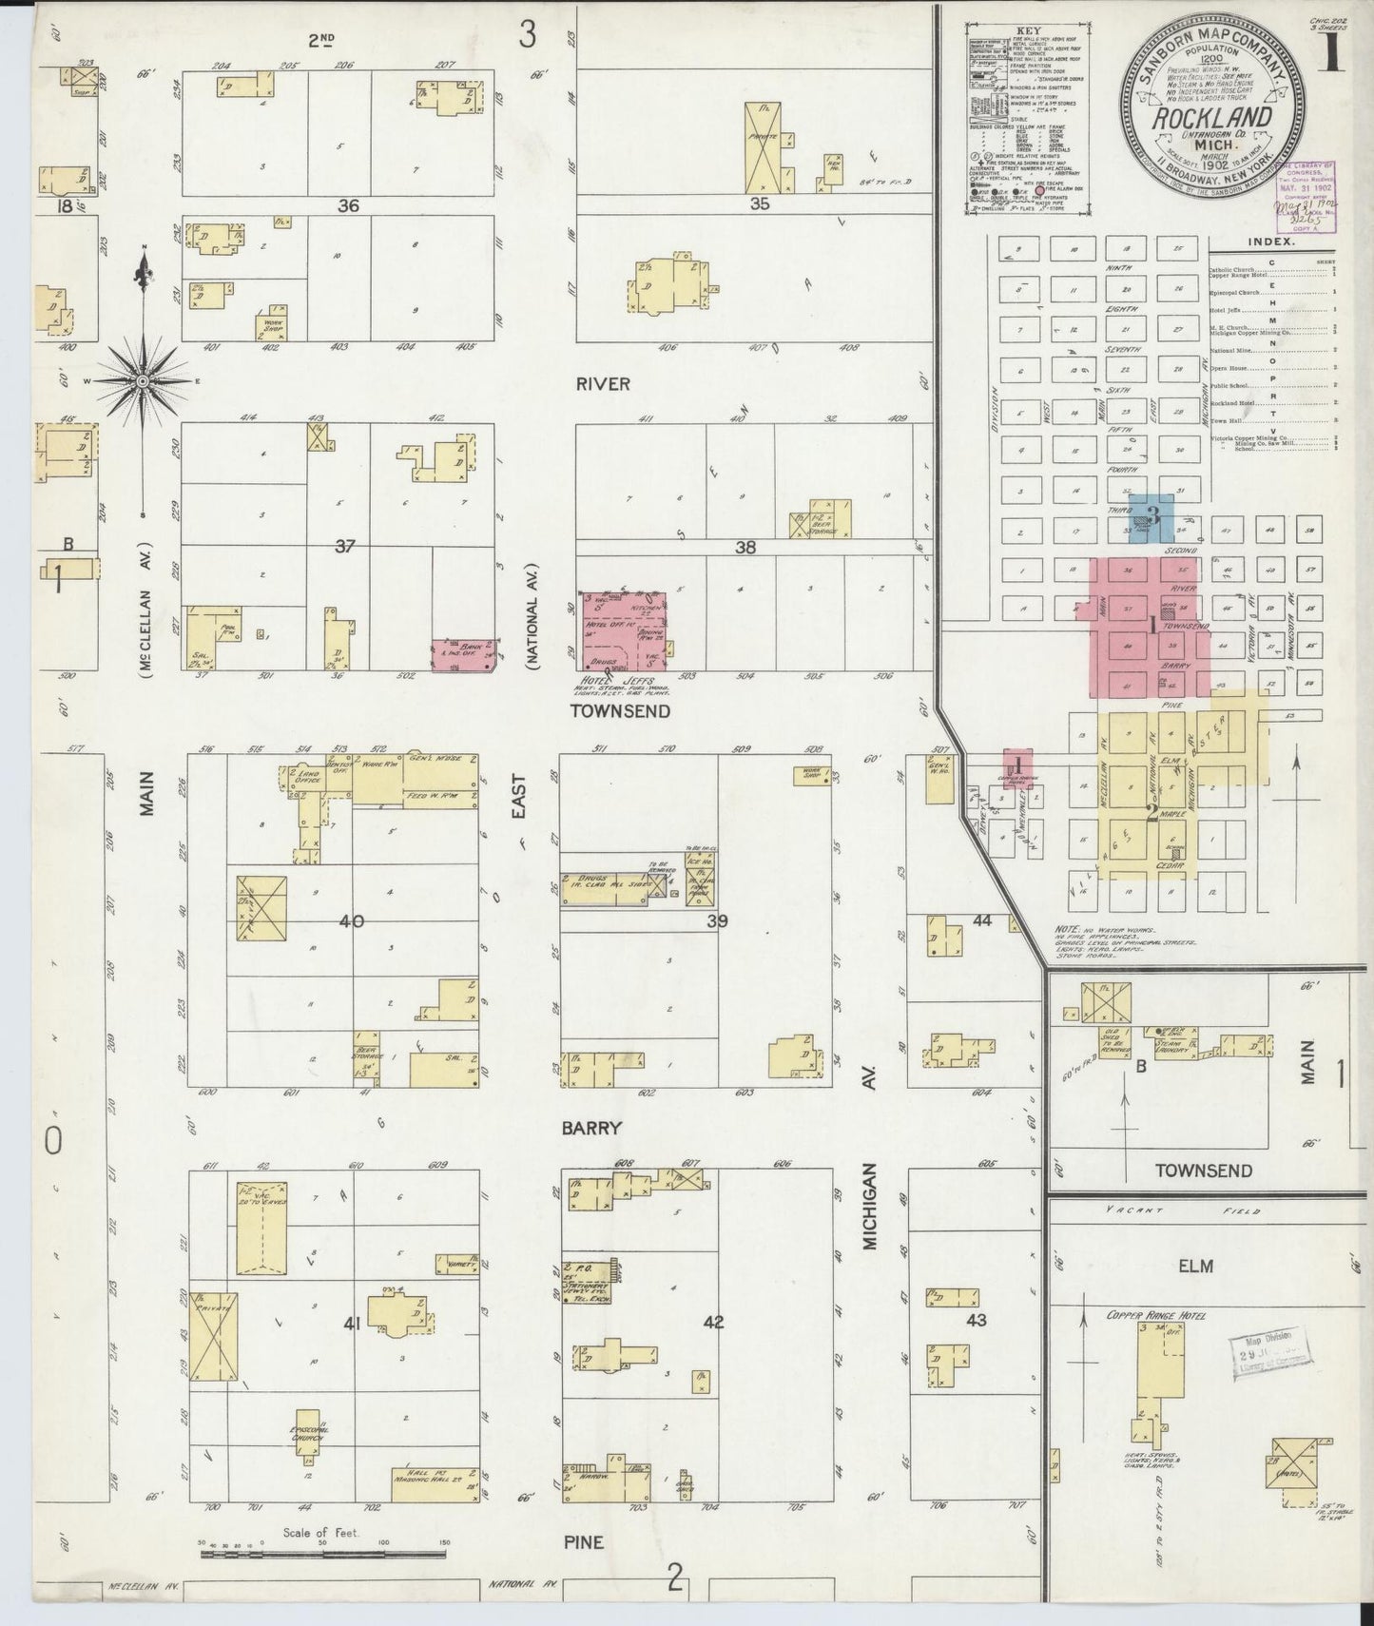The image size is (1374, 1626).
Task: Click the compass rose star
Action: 143,381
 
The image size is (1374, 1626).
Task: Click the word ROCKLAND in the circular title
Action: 1211,118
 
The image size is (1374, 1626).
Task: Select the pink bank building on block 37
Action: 464,654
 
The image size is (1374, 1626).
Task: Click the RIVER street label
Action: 603,384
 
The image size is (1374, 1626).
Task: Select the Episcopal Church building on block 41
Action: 306,1433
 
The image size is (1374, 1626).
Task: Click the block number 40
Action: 352,920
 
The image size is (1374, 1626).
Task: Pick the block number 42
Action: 713,1321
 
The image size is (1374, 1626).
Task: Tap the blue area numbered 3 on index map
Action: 1152,517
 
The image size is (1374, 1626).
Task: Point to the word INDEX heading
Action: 1273,242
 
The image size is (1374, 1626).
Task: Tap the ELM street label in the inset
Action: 1203,1267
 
